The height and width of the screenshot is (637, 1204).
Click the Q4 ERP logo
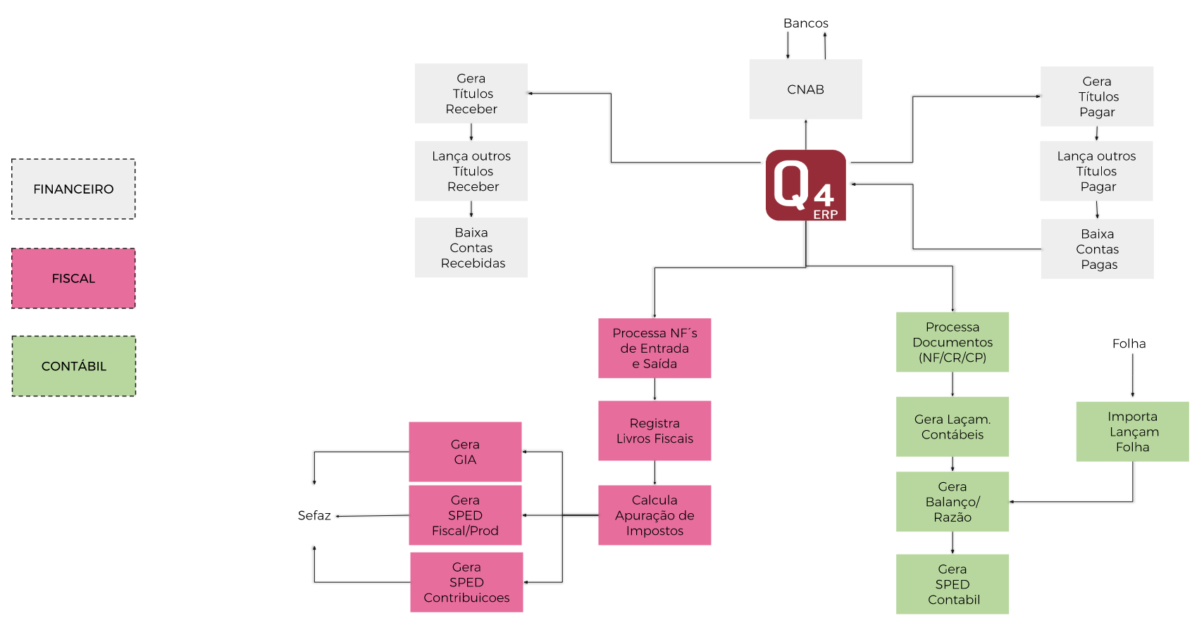(x=805, y=185)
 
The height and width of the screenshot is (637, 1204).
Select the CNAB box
(x=805, y=89)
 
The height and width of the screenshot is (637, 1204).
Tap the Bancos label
(x=805, y=23)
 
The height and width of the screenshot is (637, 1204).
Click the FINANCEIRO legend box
(x=73, y=189)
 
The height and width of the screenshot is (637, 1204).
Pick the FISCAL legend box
(x=73, y=278)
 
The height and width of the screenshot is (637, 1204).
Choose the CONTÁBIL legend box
(x=73, y=366)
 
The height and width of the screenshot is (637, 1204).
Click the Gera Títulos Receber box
(x=471, y=94)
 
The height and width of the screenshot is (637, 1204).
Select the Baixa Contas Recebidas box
(x=471, y=248)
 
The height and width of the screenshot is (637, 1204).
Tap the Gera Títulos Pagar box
(x=1096, y=96)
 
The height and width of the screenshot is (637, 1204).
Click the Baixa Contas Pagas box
(x=1097, y=249)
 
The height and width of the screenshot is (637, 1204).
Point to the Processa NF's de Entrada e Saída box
(x=654, y=348)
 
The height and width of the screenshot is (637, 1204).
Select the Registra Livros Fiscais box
(x=654, y=431)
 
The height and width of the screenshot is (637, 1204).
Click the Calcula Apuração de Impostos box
(x=654, y=515)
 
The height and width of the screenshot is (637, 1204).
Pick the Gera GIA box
(x=465, y=452)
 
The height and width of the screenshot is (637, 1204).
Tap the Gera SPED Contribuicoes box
(x=466, y=582)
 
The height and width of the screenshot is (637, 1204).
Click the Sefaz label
(x=314, y=516)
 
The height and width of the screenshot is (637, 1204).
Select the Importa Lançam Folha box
(x=1132, y=431)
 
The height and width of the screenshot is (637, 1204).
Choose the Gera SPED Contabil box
(x=952, y=584)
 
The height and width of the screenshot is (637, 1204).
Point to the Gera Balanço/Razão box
(x=952, y=502)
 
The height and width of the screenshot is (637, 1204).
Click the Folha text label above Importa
(x=1129, y=343)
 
